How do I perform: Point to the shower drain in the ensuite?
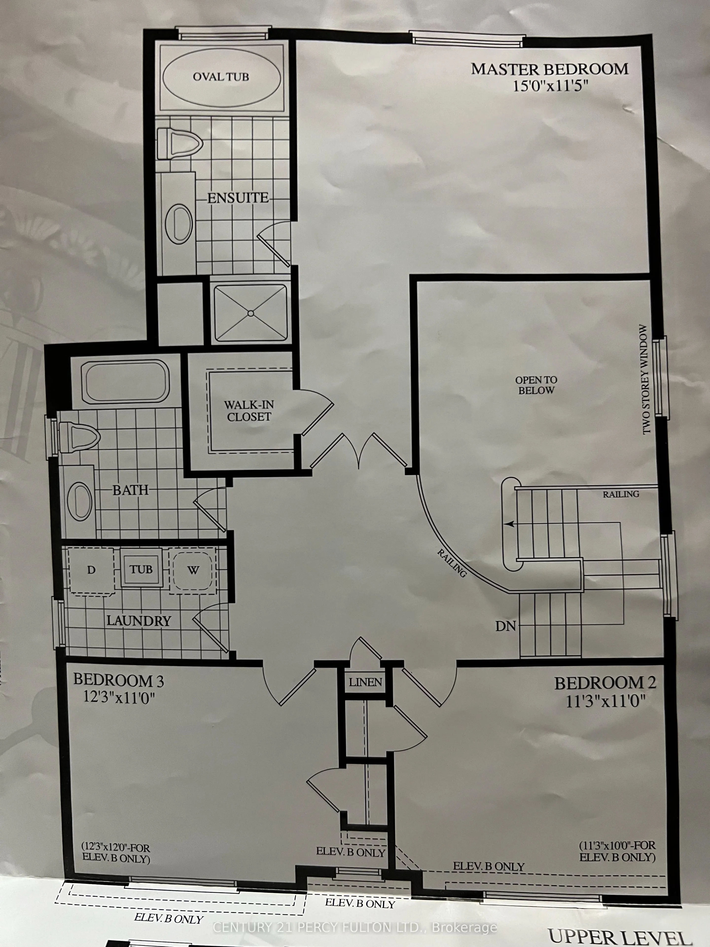pos(251,313)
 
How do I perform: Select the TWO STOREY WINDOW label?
pos(646,379)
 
